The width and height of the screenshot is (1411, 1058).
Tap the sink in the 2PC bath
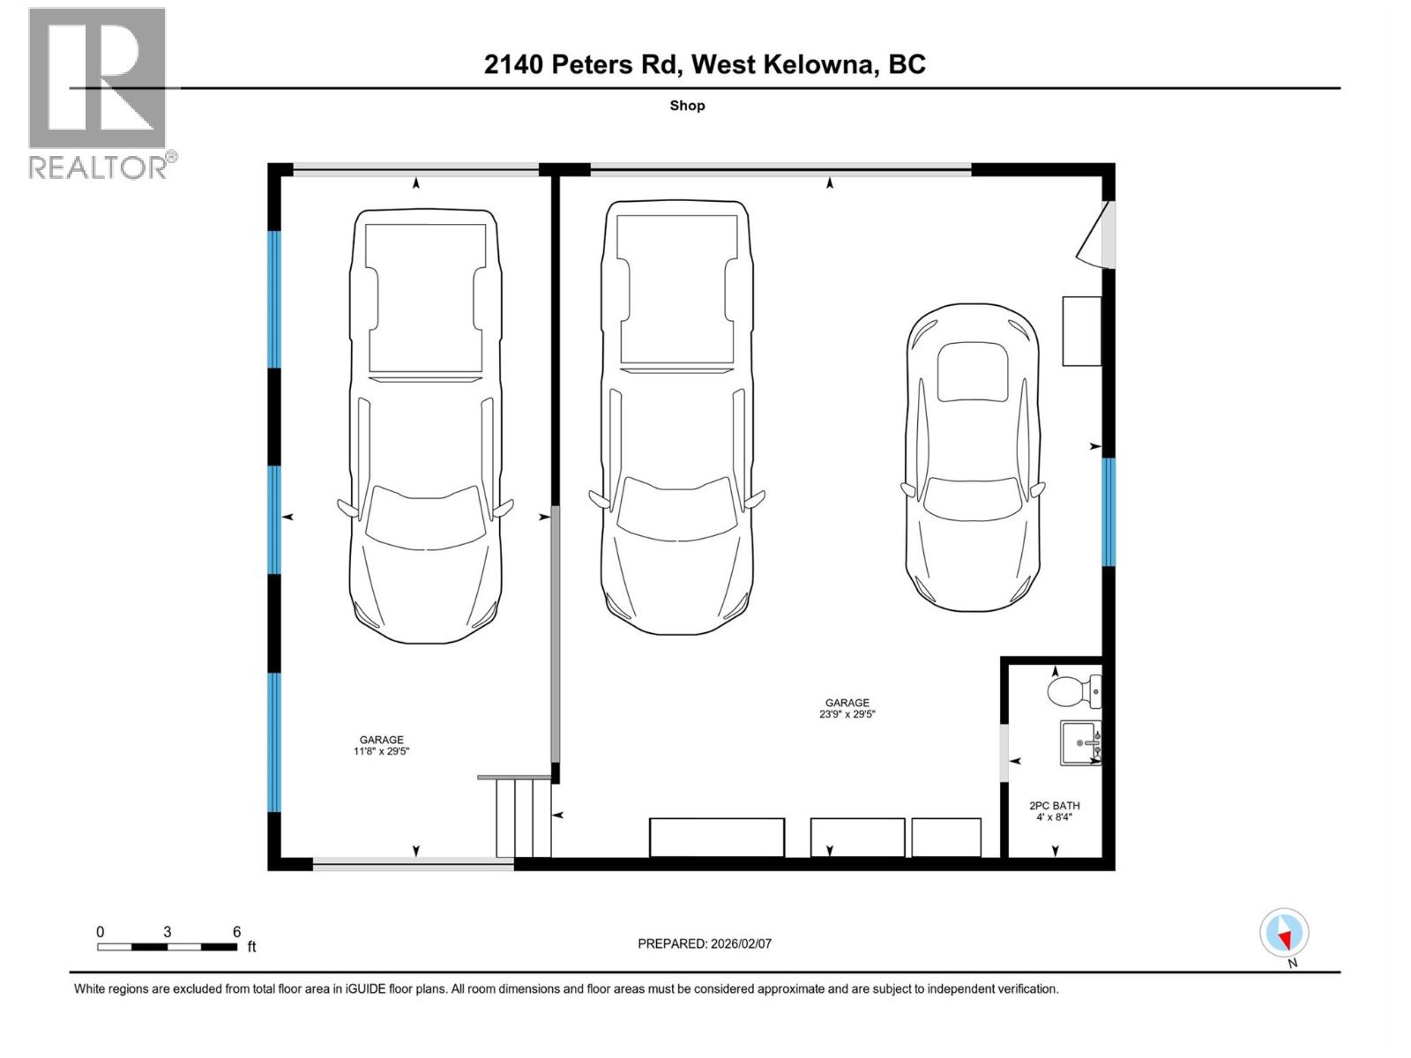point(1080,743)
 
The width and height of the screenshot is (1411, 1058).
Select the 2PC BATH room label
point(1054,805)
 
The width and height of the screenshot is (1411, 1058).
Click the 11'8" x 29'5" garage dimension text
point(381,751)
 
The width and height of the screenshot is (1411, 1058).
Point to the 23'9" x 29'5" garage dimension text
point(847,714)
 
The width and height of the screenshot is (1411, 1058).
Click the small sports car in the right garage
point(973,457)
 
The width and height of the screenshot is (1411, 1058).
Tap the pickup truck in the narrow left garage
point(425,425)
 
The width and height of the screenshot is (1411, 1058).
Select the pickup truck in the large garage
point(677,416)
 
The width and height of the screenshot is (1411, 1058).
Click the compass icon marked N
point(1284,933)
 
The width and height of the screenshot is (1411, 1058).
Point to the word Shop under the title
point(687,106)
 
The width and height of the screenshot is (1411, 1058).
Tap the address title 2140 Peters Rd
point(705,64)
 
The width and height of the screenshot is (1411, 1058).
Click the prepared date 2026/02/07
point(705,943)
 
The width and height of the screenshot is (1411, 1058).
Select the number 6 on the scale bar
point(236,932)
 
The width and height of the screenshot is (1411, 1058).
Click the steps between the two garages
point(523,816)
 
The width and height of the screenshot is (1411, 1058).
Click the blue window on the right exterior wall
point(1109,511)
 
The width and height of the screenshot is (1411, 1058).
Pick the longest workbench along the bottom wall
point(717,837)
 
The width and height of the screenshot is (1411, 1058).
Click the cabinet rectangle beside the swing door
point(1081,331)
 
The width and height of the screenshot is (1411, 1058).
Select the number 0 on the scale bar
point(101,932)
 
